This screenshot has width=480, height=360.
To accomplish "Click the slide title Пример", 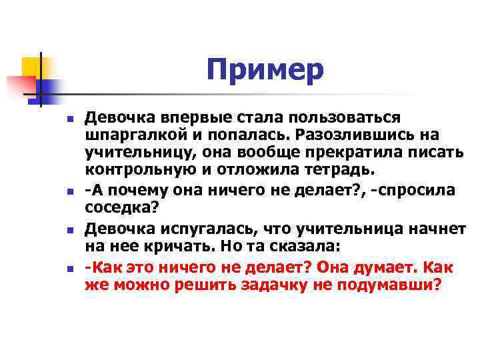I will [x=265, y=70].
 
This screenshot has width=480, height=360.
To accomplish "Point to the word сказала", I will [x=289, y=245].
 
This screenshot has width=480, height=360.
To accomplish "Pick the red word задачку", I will [x=284, y=284].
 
